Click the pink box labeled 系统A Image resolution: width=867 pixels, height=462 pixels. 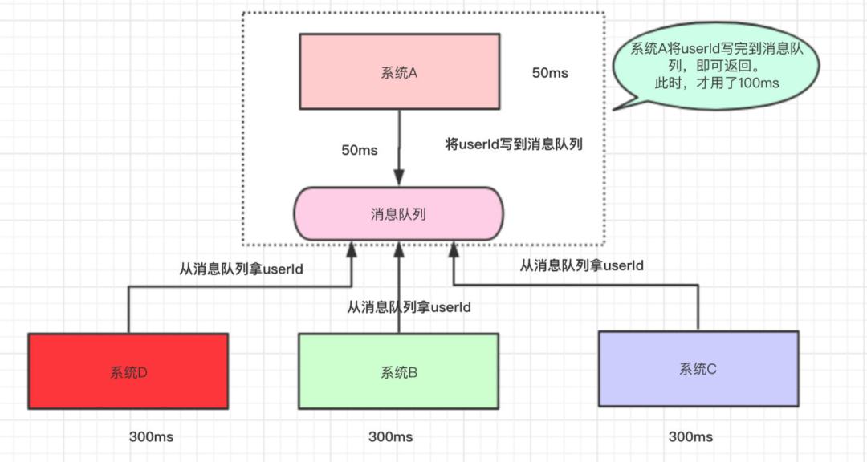[399, 72]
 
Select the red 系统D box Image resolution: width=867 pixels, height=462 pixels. [128, 371]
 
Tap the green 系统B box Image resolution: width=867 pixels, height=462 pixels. [399, 371]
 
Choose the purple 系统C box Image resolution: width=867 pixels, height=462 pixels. [698, 369]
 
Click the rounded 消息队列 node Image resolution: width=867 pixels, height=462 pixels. [398, 214]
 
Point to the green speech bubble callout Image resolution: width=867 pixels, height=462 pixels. [716, 67]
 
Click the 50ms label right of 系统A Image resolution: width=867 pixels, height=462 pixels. [550, 73]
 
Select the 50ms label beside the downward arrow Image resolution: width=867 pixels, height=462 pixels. [360, 150]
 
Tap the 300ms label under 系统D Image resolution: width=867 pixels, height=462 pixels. [151, 436]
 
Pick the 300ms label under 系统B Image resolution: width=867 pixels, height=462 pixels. [390, 436]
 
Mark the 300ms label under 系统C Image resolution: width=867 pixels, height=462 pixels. [690, 436]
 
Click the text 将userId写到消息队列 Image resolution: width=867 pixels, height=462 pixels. [514, 145]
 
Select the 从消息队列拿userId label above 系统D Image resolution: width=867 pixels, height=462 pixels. [241, 269]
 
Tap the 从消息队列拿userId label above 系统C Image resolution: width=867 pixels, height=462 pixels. [582, 265]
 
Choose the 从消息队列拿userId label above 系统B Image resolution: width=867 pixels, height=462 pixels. [409, 307]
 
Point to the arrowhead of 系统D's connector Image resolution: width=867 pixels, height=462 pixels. [351, 250]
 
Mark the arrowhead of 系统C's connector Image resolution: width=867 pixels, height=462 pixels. [454, 250]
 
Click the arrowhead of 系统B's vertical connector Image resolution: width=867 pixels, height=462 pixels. [399, 250]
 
